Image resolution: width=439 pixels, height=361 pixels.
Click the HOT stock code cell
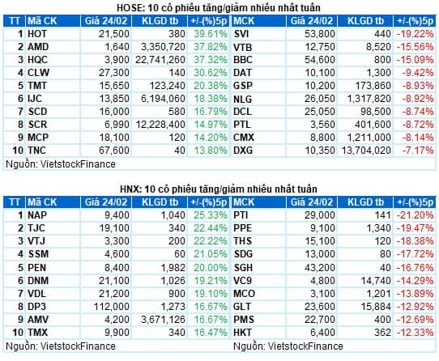click(x=37, y=34)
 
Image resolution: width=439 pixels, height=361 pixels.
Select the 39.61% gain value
click(x=211, y=34)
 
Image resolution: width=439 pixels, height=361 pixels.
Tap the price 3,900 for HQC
click(x=117, y=60)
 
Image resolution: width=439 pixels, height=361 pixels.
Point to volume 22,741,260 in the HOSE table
click(x=160, y=60)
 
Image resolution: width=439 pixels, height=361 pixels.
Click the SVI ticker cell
click(x=241, y=34)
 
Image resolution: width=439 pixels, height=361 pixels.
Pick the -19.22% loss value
click(x=415, y=34)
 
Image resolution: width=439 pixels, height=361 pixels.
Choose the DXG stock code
click(x=243, y=151)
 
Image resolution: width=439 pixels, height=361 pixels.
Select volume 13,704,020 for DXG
click(x=366, y=151)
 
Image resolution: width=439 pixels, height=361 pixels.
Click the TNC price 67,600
click(x=114, y=151)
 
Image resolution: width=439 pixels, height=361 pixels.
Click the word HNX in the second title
click(x=130, y=189)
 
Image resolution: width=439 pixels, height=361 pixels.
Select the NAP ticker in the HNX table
click(x=37, y=215)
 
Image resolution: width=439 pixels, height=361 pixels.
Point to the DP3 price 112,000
click(x=112, y=307)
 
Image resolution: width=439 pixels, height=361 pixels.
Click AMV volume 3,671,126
click(x=163, y=319)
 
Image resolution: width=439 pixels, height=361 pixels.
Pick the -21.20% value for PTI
click(x=415, y=215)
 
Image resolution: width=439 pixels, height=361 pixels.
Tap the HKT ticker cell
click(x=242, y=333)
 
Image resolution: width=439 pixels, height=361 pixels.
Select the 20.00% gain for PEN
click(x=211, y=268)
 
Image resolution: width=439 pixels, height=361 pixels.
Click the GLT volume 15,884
click(x=376, y=307)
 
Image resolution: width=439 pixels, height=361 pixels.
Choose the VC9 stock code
click(x=242, y=280)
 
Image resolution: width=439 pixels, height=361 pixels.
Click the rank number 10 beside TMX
click(x=18, y=333)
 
